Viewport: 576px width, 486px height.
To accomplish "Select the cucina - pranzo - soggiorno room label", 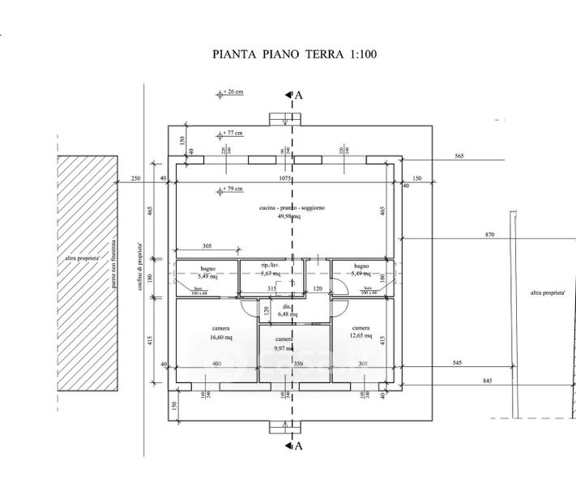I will coord(292,209).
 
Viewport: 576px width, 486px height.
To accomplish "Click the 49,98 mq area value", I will coord(290,217).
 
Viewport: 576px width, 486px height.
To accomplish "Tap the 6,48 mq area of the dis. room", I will coord(288,314).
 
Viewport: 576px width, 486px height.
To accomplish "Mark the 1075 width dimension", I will coord(284,178).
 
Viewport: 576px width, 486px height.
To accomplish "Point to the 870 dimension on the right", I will coord(489,235).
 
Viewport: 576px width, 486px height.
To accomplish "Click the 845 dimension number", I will coord(489,381).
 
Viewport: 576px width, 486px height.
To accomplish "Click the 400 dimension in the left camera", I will coord(215,364).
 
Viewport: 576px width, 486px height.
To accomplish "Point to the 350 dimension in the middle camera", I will coord(297,364).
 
